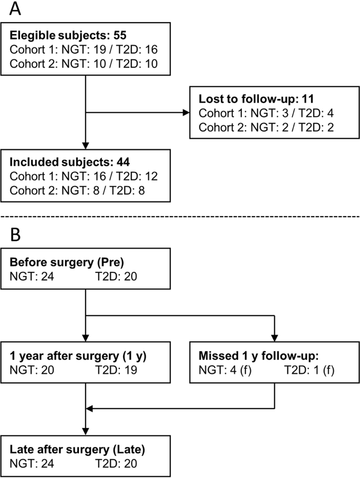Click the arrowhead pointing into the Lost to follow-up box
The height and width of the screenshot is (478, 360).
click(188, 112)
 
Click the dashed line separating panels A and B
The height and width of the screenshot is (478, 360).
click(180, 217)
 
